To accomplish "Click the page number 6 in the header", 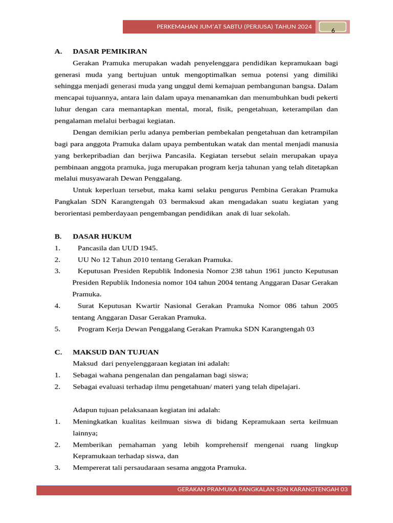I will coord(333,31).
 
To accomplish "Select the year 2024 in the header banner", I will coord(304,27).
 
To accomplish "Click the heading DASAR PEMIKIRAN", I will coord(110,51).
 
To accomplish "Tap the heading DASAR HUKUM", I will coord(102,236).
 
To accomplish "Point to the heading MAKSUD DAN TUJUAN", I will coord(116,352).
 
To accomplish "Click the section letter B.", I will coord(58,236).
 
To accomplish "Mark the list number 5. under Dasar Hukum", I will coord(57,329).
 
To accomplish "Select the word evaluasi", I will coord(111,387).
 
